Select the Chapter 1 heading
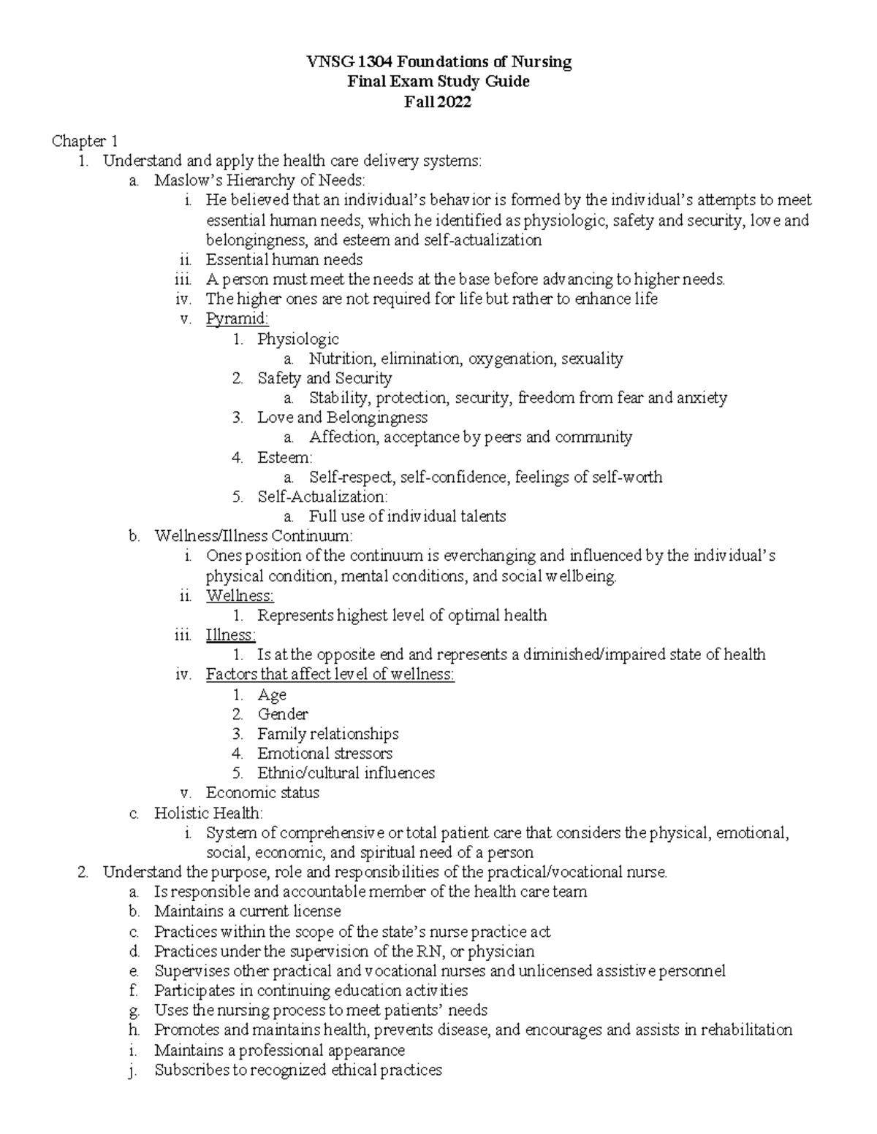[x=84, y=141]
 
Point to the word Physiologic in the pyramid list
[x=298, y=339]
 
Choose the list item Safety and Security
[x=324, y=378]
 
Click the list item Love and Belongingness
[x=342, y=418]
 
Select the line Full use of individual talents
[x=407, y=516]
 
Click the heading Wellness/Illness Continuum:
[x=253, y=536]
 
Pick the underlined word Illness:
[x=231, y=635]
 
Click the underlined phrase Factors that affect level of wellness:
[x=330, y=675]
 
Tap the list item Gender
[x=283, y=714]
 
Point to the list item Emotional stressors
[x=324, y=754]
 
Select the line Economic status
[x=262, y=793]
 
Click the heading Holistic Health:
[x=208, y=813]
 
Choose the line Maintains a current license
[x=248, y=911]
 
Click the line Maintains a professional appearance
[x=279, y=1050]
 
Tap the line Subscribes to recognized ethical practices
[x=298, y=1070]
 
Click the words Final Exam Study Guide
[x=438, y=82]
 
